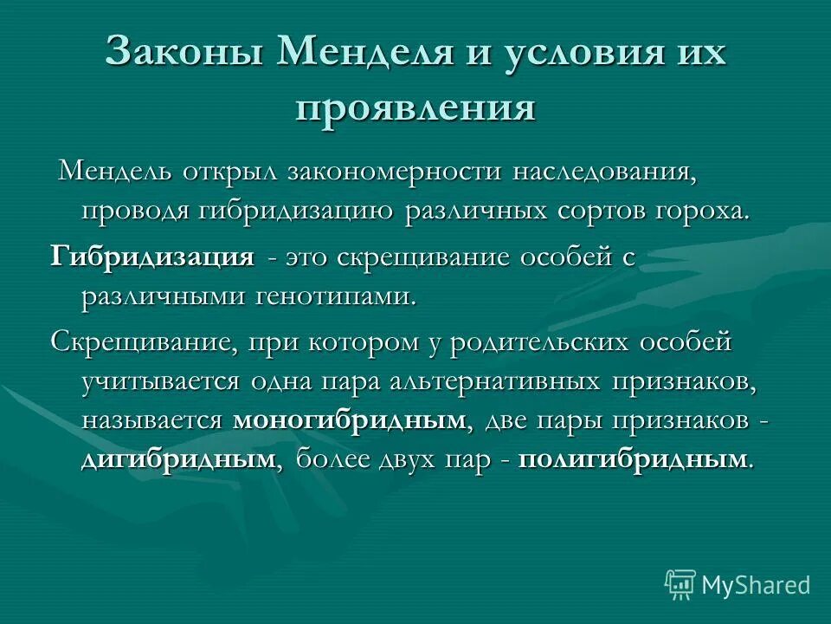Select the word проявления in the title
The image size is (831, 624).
coord(415,108)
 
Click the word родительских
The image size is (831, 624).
coord(528,341)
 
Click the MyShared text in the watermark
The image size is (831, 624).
coord(756,585)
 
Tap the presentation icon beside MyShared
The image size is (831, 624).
coord(680,585)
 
